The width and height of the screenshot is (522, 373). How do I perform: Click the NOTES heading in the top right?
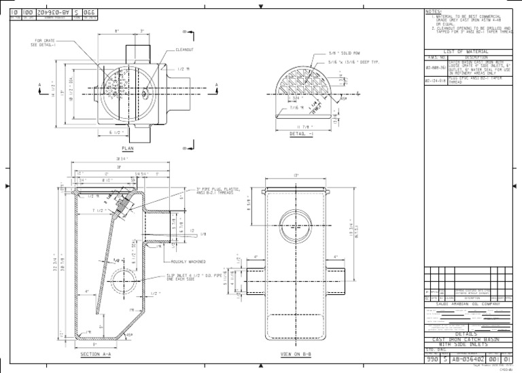[433, 12]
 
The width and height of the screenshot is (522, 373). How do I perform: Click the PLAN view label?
[128, 147]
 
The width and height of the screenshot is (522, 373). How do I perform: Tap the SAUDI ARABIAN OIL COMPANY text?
[470, 304]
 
